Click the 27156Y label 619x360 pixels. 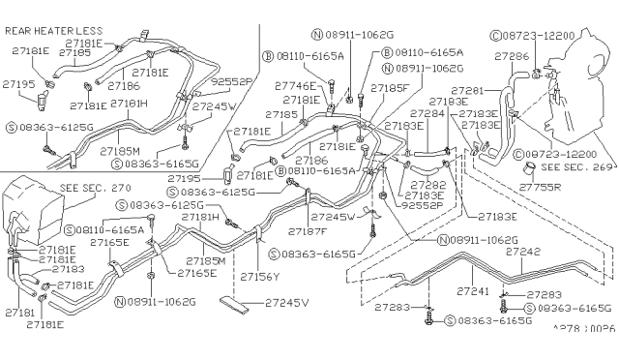(262, 276)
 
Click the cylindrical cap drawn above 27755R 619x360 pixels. (529, 174)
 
